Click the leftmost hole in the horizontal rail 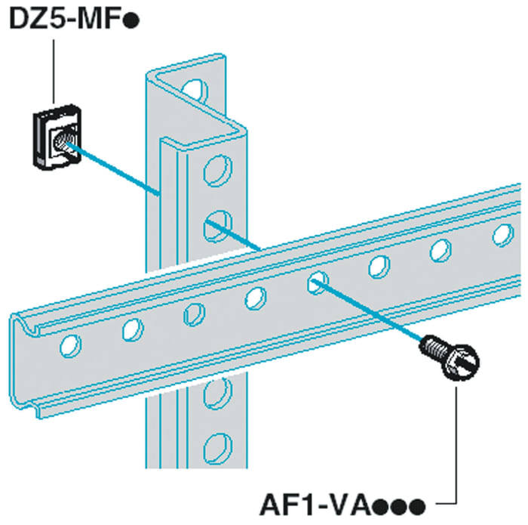[x=70, y=346]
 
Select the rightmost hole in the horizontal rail [x=503, y=235]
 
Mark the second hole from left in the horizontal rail [x=133, y=329]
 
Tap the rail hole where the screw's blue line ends [x=318, y=282]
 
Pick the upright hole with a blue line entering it [x=218, y=226]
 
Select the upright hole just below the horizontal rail [x=218, y=393]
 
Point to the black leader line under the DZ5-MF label [x=54, y=72]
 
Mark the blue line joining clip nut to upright [x=113, y=169]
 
